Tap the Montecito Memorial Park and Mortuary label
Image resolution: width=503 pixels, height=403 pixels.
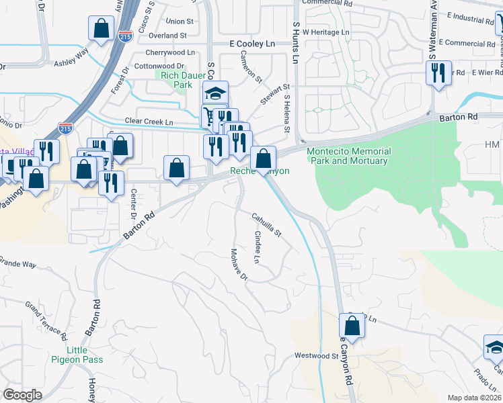(x=347, y=156)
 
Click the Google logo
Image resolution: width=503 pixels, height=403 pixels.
(x=22, y=395)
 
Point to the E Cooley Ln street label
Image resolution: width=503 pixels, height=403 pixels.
(x=252, y=43)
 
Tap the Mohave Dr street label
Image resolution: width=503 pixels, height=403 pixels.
(x=239, y=265)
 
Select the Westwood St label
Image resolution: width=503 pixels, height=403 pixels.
(x=316, y=355)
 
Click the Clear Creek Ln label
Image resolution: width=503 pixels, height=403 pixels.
(x=149, y=122)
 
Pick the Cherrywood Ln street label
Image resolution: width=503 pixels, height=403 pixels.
(x=171, y=52)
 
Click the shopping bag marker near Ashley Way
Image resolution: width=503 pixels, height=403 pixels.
(x=101, y=28)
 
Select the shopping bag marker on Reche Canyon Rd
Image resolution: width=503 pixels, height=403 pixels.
(x=352, y=326)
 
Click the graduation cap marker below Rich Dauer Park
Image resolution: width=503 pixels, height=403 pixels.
(x=216, y=93)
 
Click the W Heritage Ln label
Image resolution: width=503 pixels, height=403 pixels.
(x=326, y=32)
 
